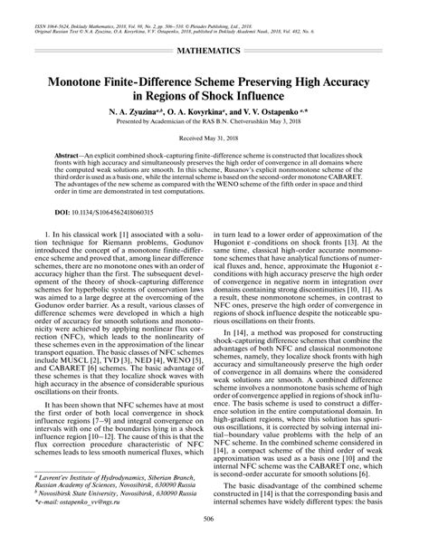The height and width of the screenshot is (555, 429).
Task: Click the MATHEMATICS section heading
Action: tap(214, 42)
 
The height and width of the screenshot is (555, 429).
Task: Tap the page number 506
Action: tap(214, 542)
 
